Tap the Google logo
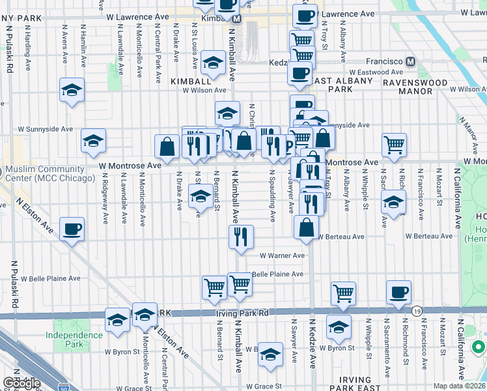[21, 383]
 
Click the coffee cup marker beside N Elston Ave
[72, 229]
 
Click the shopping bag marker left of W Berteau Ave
[306, 227]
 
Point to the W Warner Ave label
[283, 256]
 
